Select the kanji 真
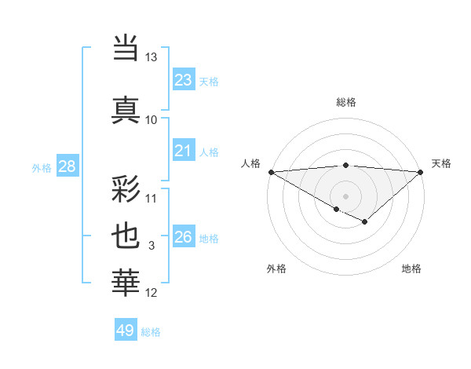click(x=126, y=108)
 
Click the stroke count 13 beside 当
click(x=152, y=57)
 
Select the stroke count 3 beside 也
click(x=152, y=246)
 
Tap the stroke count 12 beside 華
click(x=152, y=293)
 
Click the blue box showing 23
click(x=183, y=79)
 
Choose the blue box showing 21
click(x=183, y=151)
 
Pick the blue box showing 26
click(x=183, y=237)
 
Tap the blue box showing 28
click(x=66, y=166)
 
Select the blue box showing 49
click(x=125, y=331)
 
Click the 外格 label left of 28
click(x=42, y=167)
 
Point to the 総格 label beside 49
click(x=152, y=332)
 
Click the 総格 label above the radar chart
click(x=345, y=102)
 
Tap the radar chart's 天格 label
click(x=441, y=163)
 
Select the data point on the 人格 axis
click(x=270, y=171)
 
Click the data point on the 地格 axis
click(x=365, y=223)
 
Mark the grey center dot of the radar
click(x=345, y=195)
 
